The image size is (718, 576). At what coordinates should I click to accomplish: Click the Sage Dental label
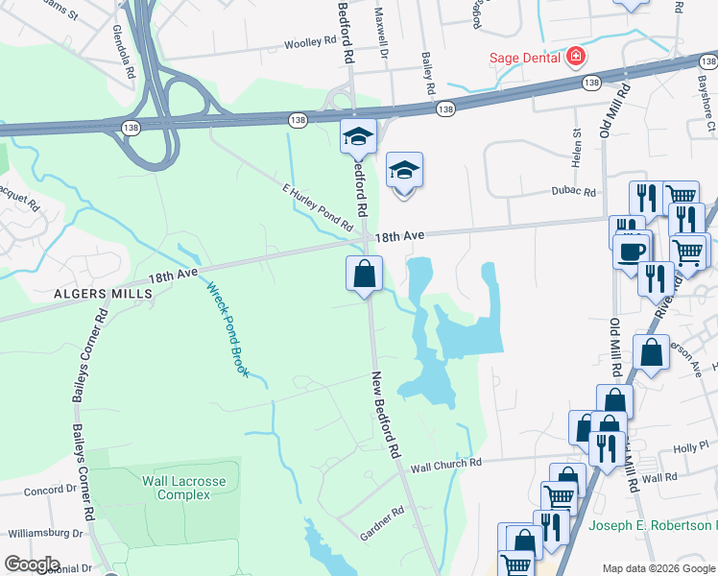(x=524, y=57)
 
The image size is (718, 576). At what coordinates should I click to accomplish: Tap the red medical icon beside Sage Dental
(x=576, y=57)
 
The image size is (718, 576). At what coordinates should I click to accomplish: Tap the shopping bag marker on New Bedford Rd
(x=365, y=275)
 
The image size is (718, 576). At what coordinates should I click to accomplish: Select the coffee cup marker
(x=631, y=252)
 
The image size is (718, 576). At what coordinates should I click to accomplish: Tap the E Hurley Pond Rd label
(x=317, y=207)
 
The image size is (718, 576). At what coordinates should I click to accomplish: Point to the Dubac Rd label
(x=573, y=192)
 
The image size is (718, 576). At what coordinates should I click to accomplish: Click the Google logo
(x=32, y=564)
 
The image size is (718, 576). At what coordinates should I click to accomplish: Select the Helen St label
(x=577, y=149)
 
